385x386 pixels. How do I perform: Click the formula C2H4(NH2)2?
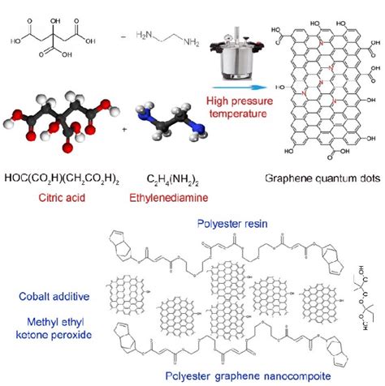pos(165,178)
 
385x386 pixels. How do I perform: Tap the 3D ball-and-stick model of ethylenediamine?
pos(163,129)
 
